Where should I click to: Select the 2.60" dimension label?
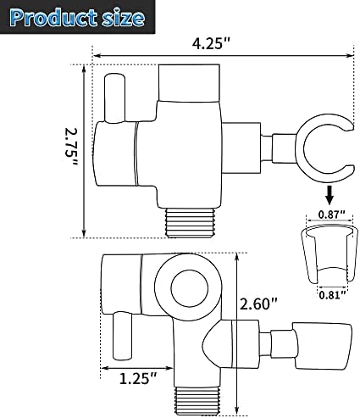260,303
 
